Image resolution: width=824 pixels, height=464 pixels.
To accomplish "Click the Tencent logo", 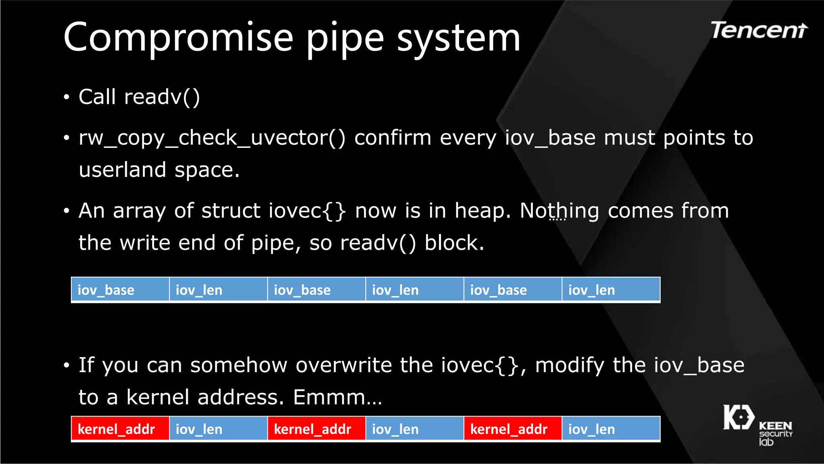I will (x=758, y=31).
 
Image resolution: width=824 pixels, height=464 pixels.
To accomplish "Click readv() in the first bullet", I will (x=162, y=97).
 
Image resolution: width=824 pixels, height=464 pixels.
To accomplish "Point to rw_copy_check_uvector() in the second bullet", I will (x=212, y=138).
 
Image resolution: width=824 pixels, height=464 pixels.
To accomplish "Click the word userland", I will (x=122, y=170).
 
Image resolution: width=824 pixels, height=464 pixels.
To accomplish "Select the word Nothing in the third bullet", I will (x=559, y=211).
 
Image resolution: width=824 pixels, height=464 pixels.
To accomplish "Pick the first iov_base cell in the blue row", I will (x=120, y=290).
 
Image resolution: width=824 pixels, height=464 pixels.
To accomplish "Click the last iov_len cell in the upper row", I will (x=610, y=290).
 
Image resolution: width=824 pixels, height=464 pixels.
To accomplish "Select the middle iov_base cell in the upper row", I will (x=316, y=290).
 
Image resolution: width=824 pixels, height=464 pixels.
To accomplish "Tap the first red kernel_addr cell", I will (x=120, y=429).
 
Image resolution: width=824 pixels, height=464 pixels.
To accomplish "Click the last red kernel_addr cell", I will (x=513, y=429).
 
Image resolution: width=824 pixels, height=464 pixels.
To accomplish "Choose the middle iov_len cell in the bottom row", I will (x=414, y=429).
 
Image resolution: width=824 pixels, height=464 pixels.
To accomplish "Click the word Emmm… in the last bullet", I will (x=337, y=398).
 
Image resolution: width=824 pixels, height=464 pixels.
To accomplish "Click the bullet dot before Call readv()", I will (x=67, y=97).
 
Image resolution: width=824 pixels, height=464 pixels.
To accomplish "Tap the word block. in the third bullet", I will (x=454, y=243).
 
